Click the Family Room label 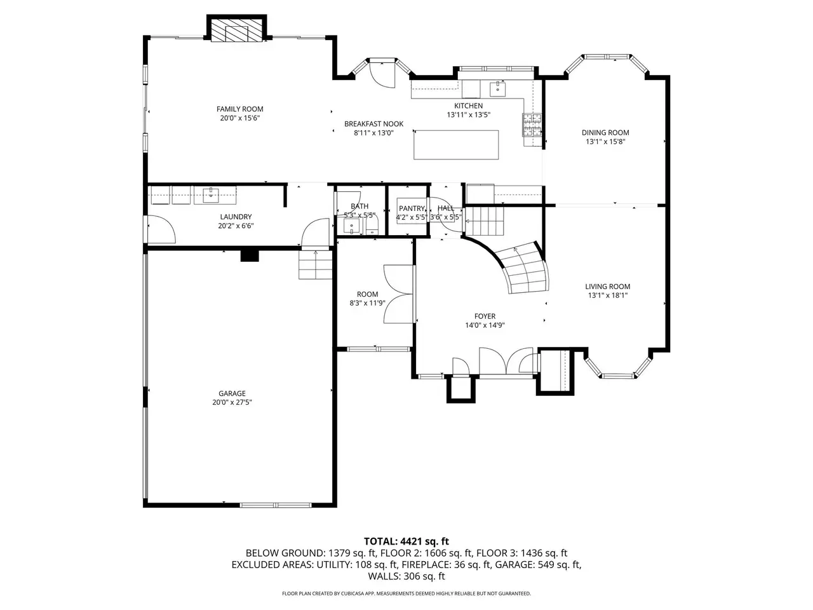click(x=239, y=109)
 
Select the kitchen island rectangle click(x=455, y=144)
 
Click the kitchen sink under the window click(x=498, y=88)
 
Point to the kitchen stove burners click(x=532, y=125)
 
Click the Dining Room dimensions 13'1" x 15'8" click(x=605, y=142)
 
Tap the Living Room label click(x=607, y=287)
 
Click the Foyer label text click(x=485, y=316)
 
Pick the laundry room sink click(x=211, y=195)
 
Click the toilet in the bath click(x=372, y=227)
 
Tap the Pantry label click(x=412, y=208)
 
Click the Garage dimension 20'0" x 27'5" click(x=232, y=402)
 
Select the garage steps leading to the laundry click(x=316, y=265)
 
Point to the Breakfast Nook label click(x=373, y=124)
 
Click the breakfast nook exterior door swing click(x=382, y=75)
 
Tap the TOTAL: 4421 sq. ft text click(x=406, y=541)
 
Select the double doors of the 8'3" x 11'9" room click(x=399, y=294)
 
